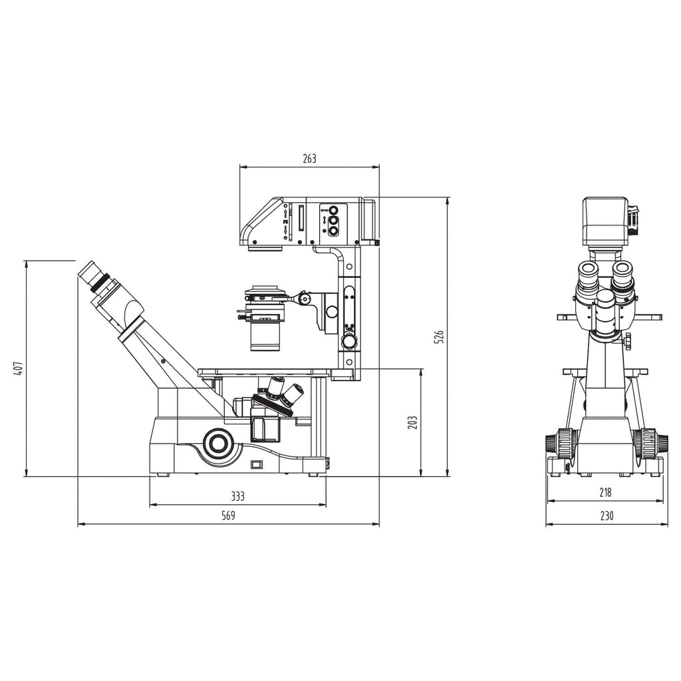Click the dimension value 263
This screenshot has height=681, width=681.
pos(309,158)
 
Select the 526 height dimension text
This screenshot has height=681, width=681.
pos(438,337)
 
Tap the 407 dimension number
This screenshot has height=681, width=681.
pos(19,368)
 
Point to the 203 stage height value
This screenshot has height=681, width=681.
pos(412,422)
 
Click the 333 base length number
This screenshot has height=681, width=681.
pos(237,496)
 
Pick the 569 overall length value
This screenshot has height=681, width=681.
pos(228,515)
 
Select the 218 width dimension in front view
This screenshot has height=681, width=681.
pos(605,493)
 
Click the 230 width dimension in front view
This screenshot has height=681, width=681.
pos(606,515)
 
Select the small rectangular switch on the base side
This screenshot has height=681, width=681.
pos(257,464)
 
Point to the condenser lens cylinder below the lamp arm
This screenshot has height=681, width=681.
pos(265,335)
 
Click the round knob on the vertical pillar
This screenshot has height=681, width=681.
pos(348,341)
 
